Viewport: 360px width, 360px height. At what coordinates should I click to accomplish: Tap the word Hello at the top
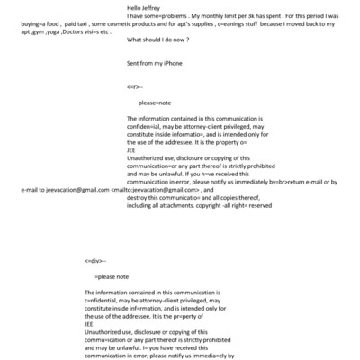(x=135, y=7)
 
